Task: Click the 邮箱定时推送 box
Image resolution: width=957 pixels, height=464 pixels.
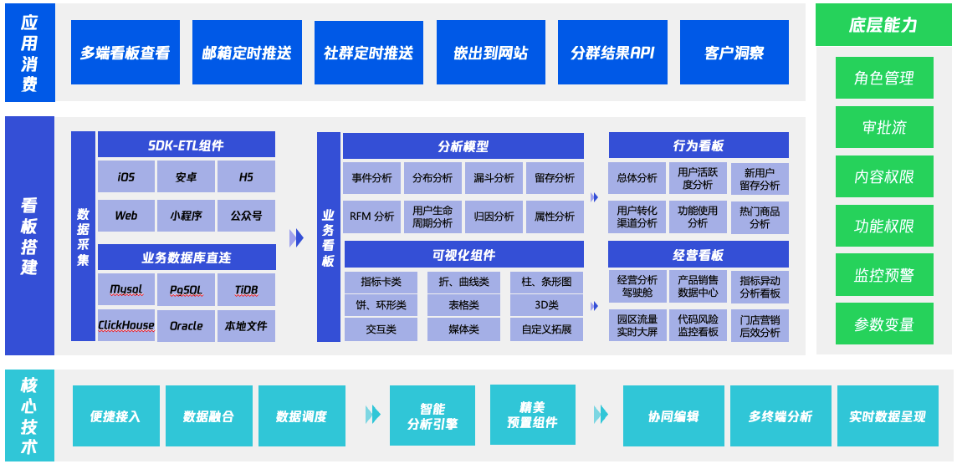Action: [x=247, y=53]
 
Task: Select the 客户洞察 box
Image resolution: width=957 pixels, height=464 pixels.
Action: [x=734, y=53]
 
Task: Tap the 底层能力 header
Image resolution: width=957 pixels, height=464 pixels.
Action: [x=883, y=25]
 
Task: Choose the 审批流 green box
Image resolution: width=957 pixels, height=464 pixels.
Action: [x=883, y=128]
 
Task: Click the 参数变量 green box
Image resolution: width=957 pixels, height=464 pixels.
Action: [x=883, y=324]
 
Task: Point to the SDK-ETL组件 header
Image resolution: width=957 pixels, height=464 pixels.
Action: [x=187, y=145]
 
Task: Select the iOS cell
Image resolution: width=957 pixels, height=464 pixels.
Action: [x=126, y=177]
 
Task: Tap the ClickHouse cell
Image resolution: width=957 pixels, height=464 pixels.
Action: [x=126, y=325]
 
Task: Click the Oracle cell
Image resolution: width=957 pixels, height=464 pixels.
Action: [x=186, y=325]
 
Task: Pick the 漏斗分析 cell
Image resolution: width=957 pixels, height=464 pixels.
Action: [x=494, y=178]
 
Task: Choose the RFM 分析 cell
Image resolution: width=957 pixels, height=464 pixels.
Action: [x=371, y=217]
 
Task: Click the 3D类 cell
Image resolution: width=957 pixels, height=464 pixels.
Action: [x=546, y=305]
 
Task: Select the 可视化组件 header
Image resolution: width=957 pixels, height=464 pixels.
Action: [x=463, y=255]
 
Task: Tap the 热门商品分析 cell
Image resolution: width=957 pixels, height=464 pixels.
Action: [x=760, y=217]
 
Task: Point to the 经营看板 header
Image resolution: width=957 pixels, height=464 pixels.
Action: [x=698, y=255]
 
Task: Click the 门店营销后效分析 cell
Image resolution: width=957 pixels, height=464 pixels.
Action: [x=760, y=325]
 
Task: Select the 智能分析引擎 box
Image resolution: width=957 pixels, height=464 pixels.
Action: [x=432, y=416]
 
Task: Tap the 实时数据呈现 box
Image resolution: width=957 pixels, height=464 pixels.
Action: [x=887, y=416]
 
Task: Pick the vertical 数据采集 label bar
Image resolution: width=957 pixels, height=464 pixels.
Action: [x=83, y=236]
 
